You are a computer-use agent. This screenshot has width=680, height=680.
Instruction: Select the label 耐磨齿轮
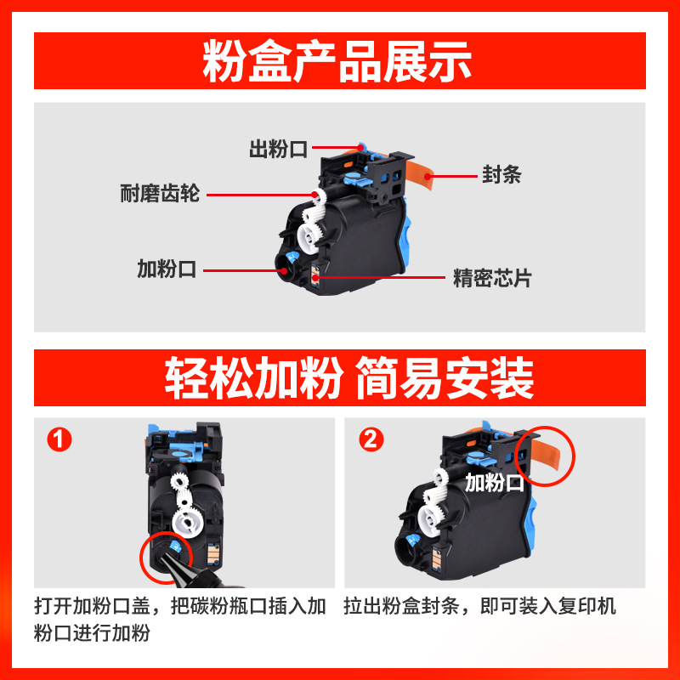coord(160,194)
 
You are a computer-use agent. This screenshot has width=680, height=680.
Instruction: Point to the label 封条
coord(501,176)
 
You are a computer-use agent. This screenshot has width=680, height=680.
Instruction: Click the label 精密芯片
coord(492,277)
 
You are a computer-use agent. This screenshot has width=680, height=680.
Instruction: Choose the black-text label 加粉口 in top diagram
coord(167,270)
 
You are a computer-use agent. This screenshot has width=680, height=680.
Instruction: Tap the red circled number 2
coord(372,440)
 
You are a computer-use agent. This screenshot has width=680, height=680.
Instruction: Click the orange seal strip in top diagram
coord(416,174)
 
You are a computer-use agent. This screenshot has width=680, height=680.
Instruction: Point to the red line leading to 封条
coord(455,177)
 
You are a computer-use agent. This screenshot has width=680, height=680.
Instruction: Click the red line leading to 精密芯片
coord(382,277)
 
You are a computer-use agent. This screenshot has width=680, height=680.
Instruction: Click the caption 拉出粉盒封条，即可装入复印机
coord(479,607)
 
